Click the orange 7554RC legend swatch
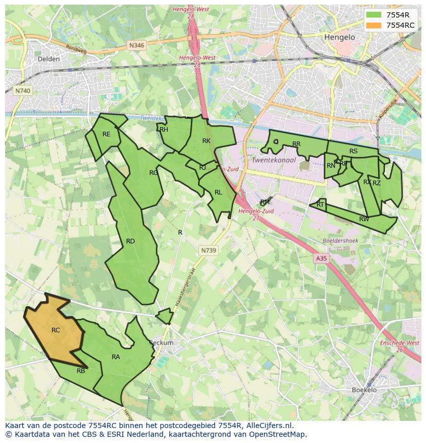click(375, 25)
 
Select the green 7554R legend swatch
click(375, 15)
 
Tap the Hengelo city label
click(340, 38)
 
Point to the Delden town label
click(48, 59)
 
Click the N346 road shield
click(137, 45)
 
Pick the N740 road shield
click(23, 91)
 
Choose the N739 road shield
click(208, 251)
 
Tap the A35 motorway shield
click(321, 259)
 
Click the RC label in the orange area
click(56, 330)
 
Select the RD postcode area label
click(130, 241)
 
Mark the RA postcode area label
click(116, 357)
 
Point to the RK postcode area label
click(206, 141)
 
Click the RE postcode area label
click(106, 134)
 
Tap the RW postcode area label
click(364, 219)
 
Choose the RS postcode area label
click(353, 151)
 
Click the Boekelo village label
click(365, 390)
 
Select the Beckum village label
click(161, 343)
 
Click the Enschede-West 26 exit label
click(399, 346)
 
